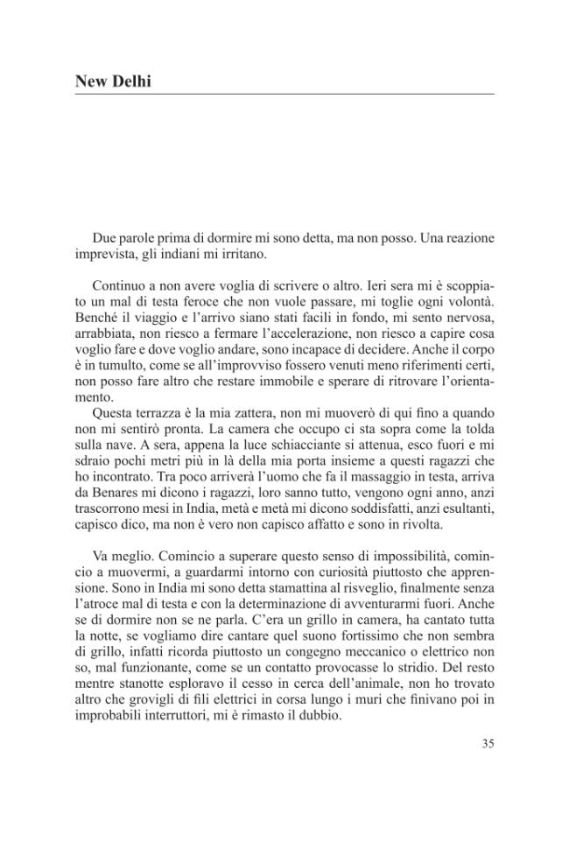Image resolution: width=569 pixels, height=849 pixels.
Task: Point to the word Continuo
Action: pos(121,284)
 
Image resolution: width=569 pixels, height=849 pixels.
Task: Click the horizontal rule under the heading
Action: pos(284,94)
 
